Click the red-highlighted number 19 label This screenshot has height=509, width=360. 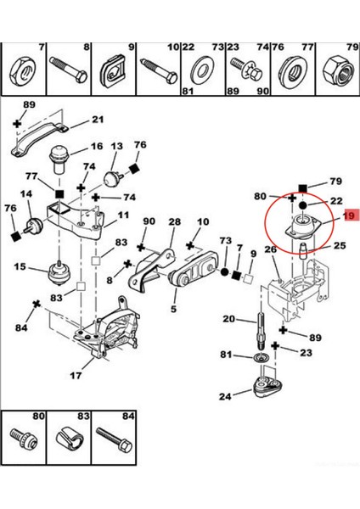click(x=349, y=216)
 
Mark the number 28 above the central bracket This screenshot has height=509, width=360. click(x=174, y=221)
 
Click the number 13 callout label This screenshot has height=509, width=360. click(x=116, y=146)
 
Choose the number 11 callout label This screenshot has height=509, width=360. click(x=123, y=215)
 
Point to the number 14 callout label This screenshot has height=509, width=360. click(x=26, y=194)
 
